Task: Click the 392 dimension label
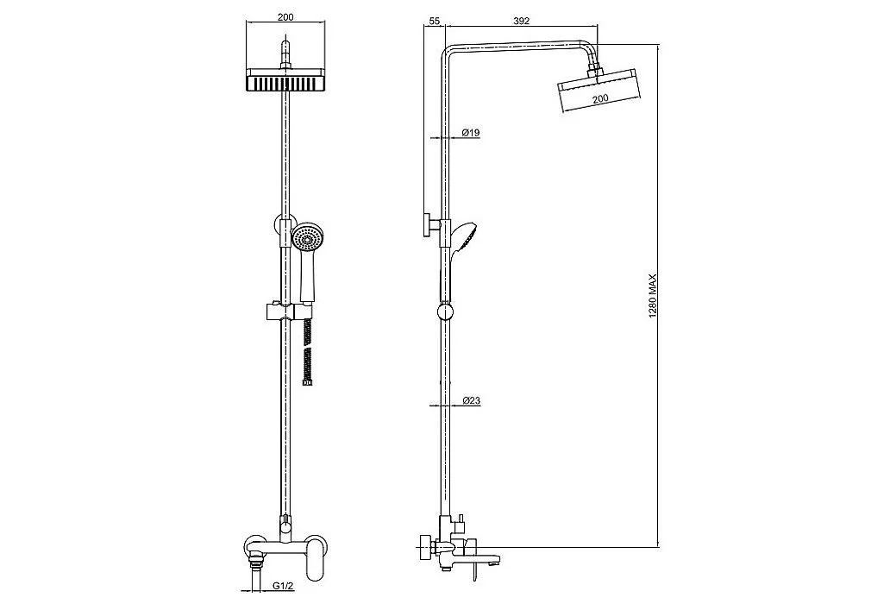click(521, 21)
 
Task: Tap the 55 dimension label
click(435, 21)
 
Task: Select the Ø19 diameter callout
click(471, 133)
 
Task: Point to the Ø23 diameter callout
click(471, 400)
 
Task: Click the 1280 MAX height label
click(653, 295)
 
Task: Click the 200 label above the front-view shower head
click(285, 17)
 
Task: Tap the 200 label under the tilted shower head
click(600, 97)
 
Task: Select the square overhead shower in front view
click(285, 80)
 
